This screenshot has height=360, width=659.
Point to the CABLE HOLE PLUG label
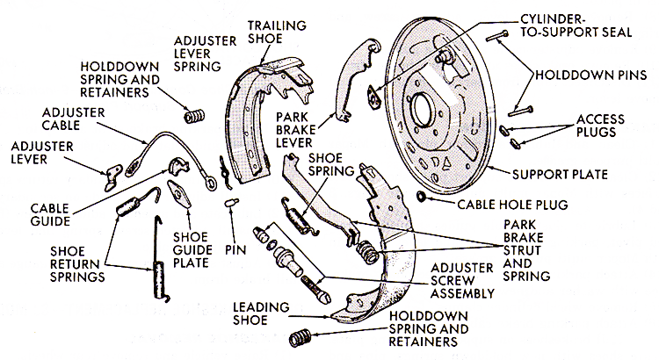pyautogui.click(x=500, y=205)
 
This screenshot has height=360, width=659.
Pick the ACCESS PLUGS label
pyautogui.click(x=601, y=124)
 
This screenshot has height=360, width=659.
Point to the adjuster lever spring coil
pyautogui.click(x=192, y=115)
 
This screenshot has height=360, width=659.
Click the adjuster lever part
pyautogui.click(x=112, y=178)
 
